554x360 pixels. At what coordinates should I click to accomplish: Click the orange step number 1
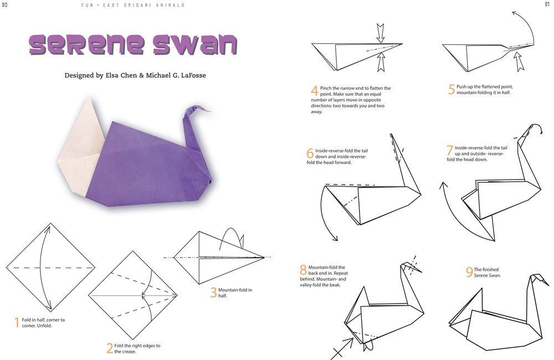click(x=17, y=322)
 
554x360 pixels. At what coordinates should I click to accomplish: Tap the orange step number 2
click(x=110, y=348)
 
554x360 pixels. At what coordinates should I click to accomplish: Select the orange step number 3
click(x=213, y=292)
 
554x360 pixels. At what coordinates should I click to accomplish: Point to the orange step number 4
click(x=315, y=91)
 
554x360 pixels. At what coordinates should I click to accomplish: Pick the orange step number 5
click(x=452, y=89)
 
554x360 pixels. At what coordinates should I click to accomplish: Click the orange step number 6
click(x=310, y=153)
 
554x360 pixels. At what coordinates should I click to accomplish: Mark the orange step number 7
click(x=450, y=150)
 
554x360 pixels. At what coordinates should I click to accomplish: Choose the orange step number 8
click(x=303, y=270)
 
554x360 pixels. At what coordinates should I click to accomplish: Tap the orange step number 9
click(x=469, y=272)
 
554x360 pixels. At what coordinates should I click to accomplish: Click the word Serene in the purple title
click(x=87, y=44)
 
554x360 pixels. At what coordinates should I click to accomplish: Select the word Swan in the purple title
click(x=195, y=44)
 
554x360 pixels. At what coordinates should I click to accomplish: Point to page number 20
click(x=4, y=4)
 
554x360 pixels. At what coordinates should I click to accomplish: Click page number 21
click(x=547, y=4)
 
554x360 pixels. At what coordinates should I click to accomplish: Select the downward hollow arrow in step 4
click(x=380, y=33)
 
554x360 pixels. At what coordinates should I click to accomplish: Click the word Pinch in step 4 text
click(x=326, y=88)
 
